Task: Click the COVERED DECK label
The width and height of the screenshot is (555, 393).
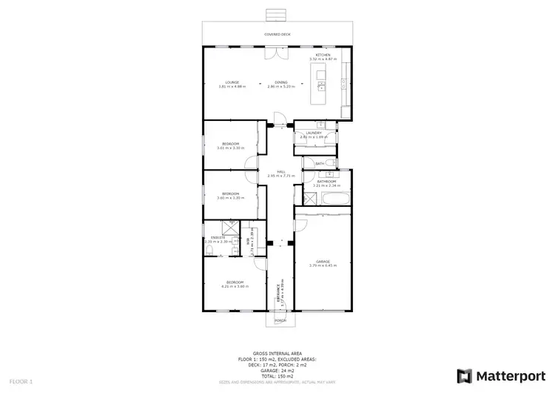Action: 277,35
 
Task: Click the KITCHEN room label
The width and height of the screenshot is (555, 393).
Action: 323,56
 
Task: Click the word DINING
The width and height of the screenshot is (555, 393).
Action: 281,82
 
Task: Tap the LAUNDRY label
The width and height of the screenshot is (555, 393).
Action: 314,133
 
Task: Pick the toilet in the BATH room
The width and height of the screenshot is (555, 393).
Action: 334,163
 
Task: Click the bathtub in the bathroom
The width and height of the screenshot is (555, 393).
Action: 336,198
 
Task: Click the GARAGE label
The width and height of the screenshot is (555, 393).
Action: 322,261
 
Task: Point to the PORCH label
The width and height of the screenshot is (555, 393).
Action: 280,321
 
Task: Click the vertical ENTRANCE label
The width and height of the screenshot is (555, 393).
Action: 278,294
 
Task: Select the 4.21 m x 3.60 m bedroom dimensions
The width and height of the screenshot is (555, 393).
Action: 235,286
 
